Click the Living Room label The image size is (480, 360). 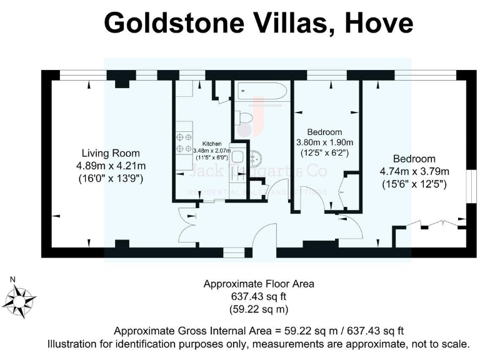111,153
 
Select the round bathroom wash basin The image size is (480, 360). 256,157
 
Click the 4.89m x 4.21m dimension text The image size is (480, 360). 111,166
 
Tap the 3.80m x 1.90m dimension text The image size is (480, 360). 324,142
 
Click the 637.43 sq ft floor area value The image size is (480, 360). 259,296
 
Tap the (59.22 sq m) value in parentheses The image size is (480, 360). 259,309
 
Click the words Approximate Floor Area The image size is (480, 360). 259,284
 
